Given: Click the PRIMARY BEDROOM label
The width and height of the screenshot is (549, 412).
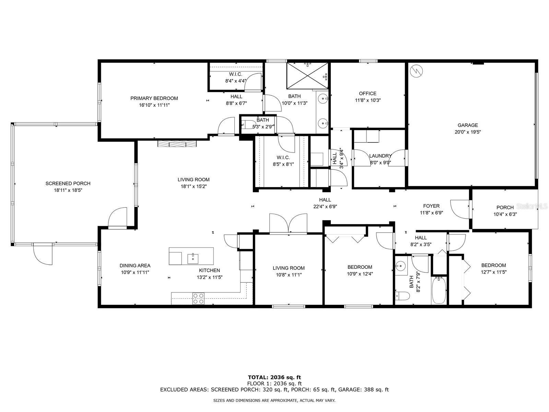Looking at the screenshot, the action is point(154,98).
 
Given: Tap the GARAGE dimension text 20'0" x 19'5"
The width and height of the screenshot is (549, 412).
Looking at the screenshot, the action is point(467,132).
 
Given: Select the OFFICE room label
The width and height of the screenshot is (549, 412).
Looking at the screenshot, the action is point(367,93).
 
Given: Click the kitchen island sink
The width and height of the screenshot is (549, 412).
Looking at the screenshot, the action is point(193,259).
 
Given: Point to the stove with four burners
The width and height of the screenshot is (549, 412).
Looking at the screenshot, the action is point(198,298).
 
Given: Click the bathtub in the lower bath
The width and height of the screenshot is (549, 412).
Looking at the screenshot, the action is point(439,290).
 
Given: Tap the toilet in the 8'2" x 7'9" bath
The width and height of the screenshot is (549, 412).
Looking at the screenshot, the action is point(402,296).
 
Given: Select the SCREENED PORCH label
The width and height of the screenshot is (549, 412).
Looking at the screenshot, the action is point(68,184).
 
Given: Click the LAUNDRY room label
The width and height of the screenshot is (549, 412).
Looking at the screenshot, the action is point(380,156).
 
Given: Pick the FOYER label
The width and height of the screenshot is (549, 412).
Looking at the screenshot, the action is point(431,206).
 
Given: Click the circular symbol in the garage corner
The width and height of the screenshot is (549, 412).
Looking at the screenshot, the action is point(417,71).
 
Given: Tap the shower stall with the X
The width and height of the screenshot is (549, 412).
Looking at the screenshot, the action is point(307,76).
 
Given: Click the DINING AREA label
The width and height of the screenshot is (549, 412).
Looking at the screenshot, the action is point(135,265).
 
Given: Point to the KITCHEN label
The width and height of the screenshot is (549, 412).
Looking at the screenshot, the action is point(210,270).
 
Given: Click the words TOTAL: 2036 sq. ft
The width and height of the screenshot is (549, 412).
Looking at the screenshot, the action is point(274,377).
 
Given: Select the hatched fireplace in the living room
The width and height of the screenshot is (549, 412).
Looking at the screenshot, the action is point(177,144).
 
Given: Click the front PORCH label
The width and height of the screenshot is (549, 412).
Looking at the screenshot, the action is point(505,207).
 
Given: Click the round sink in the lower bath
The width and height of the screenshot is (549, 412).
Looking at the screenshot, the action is point(401,265).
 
